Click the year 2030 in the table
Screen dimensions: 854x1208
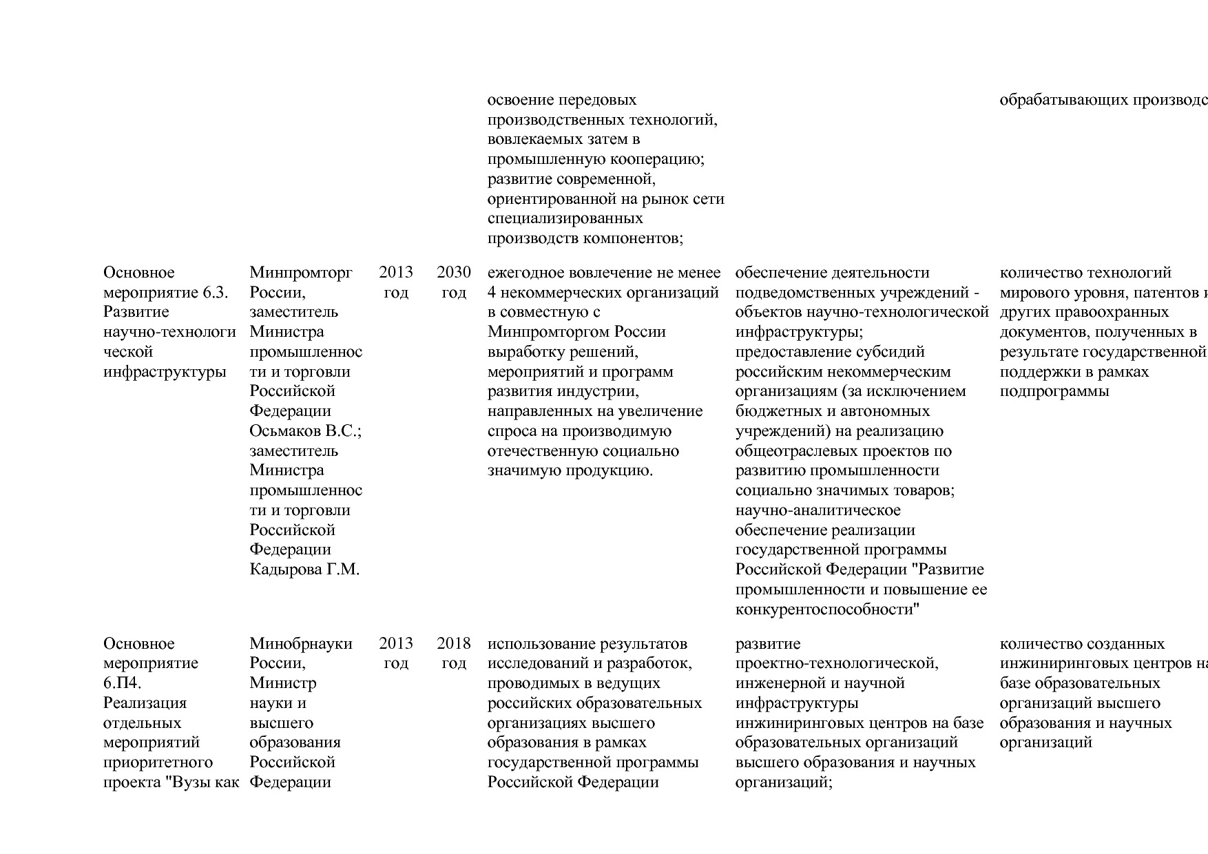[x=453, y=273]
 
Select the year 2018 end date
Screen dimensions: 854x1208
[x=453, y=644]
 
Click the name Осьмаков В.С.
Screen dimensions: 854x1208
[x=306, y=431]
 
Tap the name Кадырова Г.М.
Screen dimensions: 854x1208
[x=304, y=570]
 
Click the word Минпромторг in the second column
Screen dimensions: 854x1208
[x=300, y=273]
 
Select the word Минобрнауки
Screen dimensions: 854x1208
[x=300, y=644]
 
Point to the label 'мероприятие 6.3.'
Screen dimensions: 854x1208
[x=165, y=293]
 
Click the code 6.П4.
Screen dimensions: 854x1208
[x=123, y=683]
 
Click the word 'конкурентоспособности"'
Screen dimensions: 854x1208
[x=828, y=610]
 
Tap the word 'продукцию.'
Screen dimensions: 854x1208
[x=609, y=471]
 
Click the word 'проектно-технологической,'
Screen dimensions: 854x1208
[x=837, y=663]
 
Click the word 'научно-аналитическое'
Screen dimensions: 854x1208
[x=818, y=511]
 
